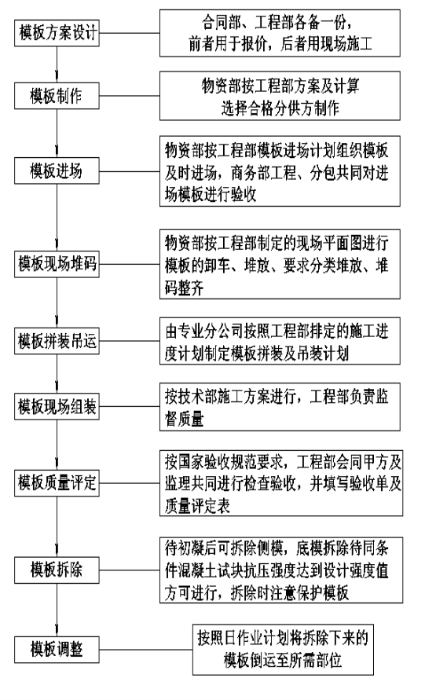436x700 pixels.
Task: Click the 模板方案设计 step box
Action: tap(57, 33)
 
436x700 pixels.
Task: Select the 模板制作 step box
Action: tap(57, 96)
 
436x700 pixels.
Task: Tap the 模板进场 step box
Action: tap(57, 170)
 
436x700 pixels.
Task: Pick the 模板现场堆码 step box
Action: tap(57, 264)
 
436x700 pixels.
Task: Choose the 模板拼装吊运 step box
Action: tap(57, 342)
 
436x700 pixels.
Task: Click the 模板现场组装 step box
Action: tap(57, 407)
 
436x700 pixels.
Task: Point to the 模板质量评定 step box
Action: tap(57, 482)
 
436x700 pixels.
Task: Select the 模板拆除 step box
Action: tap(57, 570)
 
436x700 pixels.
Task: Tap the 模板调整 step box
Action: tap(57, 650)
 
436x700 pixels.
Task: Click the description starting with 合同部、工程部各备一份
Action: tap(280, 33)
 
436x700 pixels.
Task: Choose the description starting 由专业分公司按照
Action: tap(280, 341)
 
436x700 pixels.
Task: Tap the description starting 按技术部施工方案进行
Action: tap(280, 407)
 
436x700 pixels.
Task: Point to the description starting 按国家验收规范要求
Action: tap(281, 483)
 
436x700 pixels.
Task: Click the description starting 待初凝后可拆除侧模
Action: tap(281, 570)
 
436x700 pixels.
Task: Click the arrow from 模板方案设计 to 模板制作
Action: tap(57, 64)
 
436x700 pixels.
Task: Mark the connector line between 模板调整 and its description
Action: tap(146, 650)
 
